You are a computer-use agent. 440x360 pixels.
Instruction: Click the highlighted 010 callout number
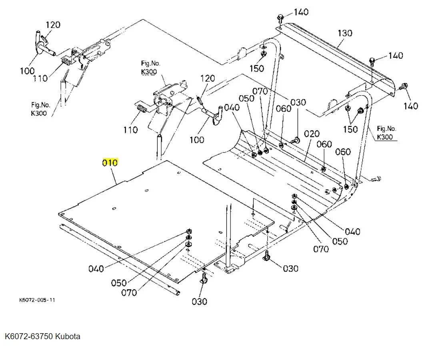point(110,163)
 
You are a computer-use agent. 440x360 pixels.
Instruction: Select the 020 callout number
point(312,134)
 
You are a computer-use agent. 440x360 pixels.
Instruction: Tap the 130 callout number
point(345,33)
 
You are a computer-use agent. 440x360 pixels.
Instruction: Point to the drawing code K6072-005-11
point(37,300)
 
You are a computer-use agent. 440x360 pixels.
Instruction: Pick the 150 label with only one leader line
point(256,68)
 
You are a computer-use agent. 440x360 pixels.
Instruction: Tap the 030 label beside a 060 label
point(298,102)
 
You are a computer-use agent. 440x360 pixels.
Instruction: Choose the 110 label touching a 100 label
point(40,78)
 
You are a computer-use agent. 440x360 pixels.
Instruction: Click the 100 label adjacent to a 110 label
point(27,71)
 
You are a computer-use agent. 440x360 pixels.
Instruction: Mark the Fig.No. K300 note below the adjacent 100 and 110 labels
point(40,109)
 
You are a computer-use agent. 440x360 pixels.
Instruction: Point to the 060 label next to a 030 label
point(283,108)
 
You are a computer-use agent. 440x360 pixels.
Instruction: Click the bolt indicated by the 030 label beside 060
point(296,140)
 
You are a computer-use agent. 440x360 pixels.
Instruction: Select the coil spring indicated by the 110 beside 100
point(66,62)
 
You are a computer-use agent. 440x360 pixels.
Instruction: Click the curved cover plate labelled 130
point(344,60)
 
